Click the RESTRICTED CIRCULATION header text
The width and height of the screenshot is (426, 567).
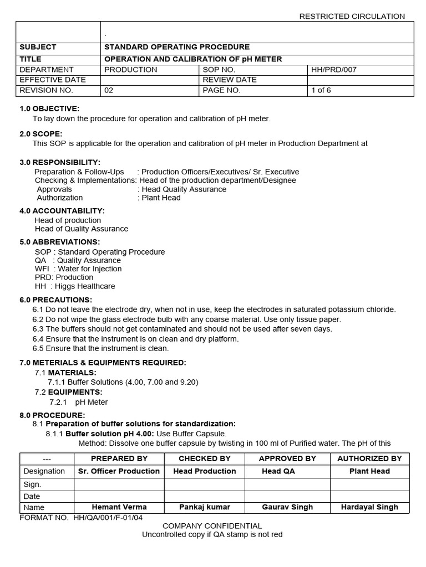(352, 16)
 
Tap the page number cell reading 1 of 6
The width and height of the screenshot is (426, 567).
(321, 90)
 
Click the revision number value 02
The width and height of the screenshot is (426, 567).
(109, 90)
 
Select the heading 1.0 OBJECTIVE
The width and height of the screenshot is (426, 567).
(49, 109)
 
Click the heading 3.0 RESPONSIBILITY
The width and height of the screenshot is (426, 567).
(60, 162)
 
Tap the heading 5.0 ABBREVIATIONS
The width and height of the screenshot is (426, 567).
(60, 242)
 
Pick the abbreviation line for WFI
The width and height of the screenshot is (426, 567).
(78, 269)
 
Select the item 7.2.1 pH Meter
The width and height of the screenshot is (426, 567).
(79, 402)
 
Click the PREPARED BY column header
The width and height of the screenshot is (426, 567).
(119, 458)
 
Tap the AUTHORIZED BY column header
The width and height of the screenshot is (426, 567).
(369, 458)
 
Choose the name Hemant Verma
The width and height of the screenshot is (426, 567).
(119, 507)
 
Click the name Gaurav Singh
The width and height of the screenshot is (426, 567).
(287, 507)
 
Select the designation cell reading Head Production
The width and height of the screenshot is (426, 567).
(205, 471)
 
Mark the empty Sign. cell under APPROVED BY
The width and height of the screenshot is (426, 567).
(287, 484)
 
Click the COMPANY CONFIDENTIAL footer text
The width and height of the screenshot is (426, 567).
(212, 526)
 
